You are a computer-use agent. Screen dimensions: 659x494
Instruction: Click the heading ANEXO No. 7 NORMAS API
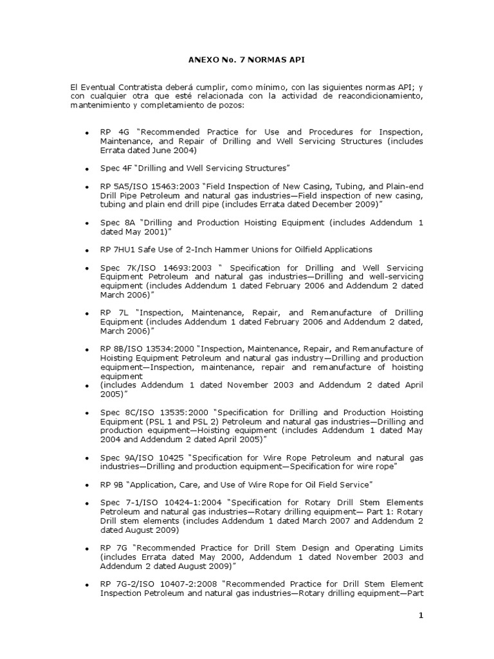[x=246, y=60]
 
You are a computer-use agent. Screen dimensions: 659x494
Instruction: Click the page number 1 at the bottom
[x=421, y=616]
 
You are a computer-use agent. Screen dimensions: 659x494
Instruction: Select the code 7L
[x=120, y=312]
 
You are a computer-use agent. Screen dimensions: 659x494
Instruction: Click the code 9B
[x=120, y=484]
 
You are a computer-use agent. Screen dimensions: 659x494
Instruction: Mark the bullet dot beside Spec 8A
[x=86, y=223]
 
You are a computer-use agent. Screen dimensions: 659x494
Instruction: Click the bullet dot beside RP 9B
[x=86, y=484]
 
